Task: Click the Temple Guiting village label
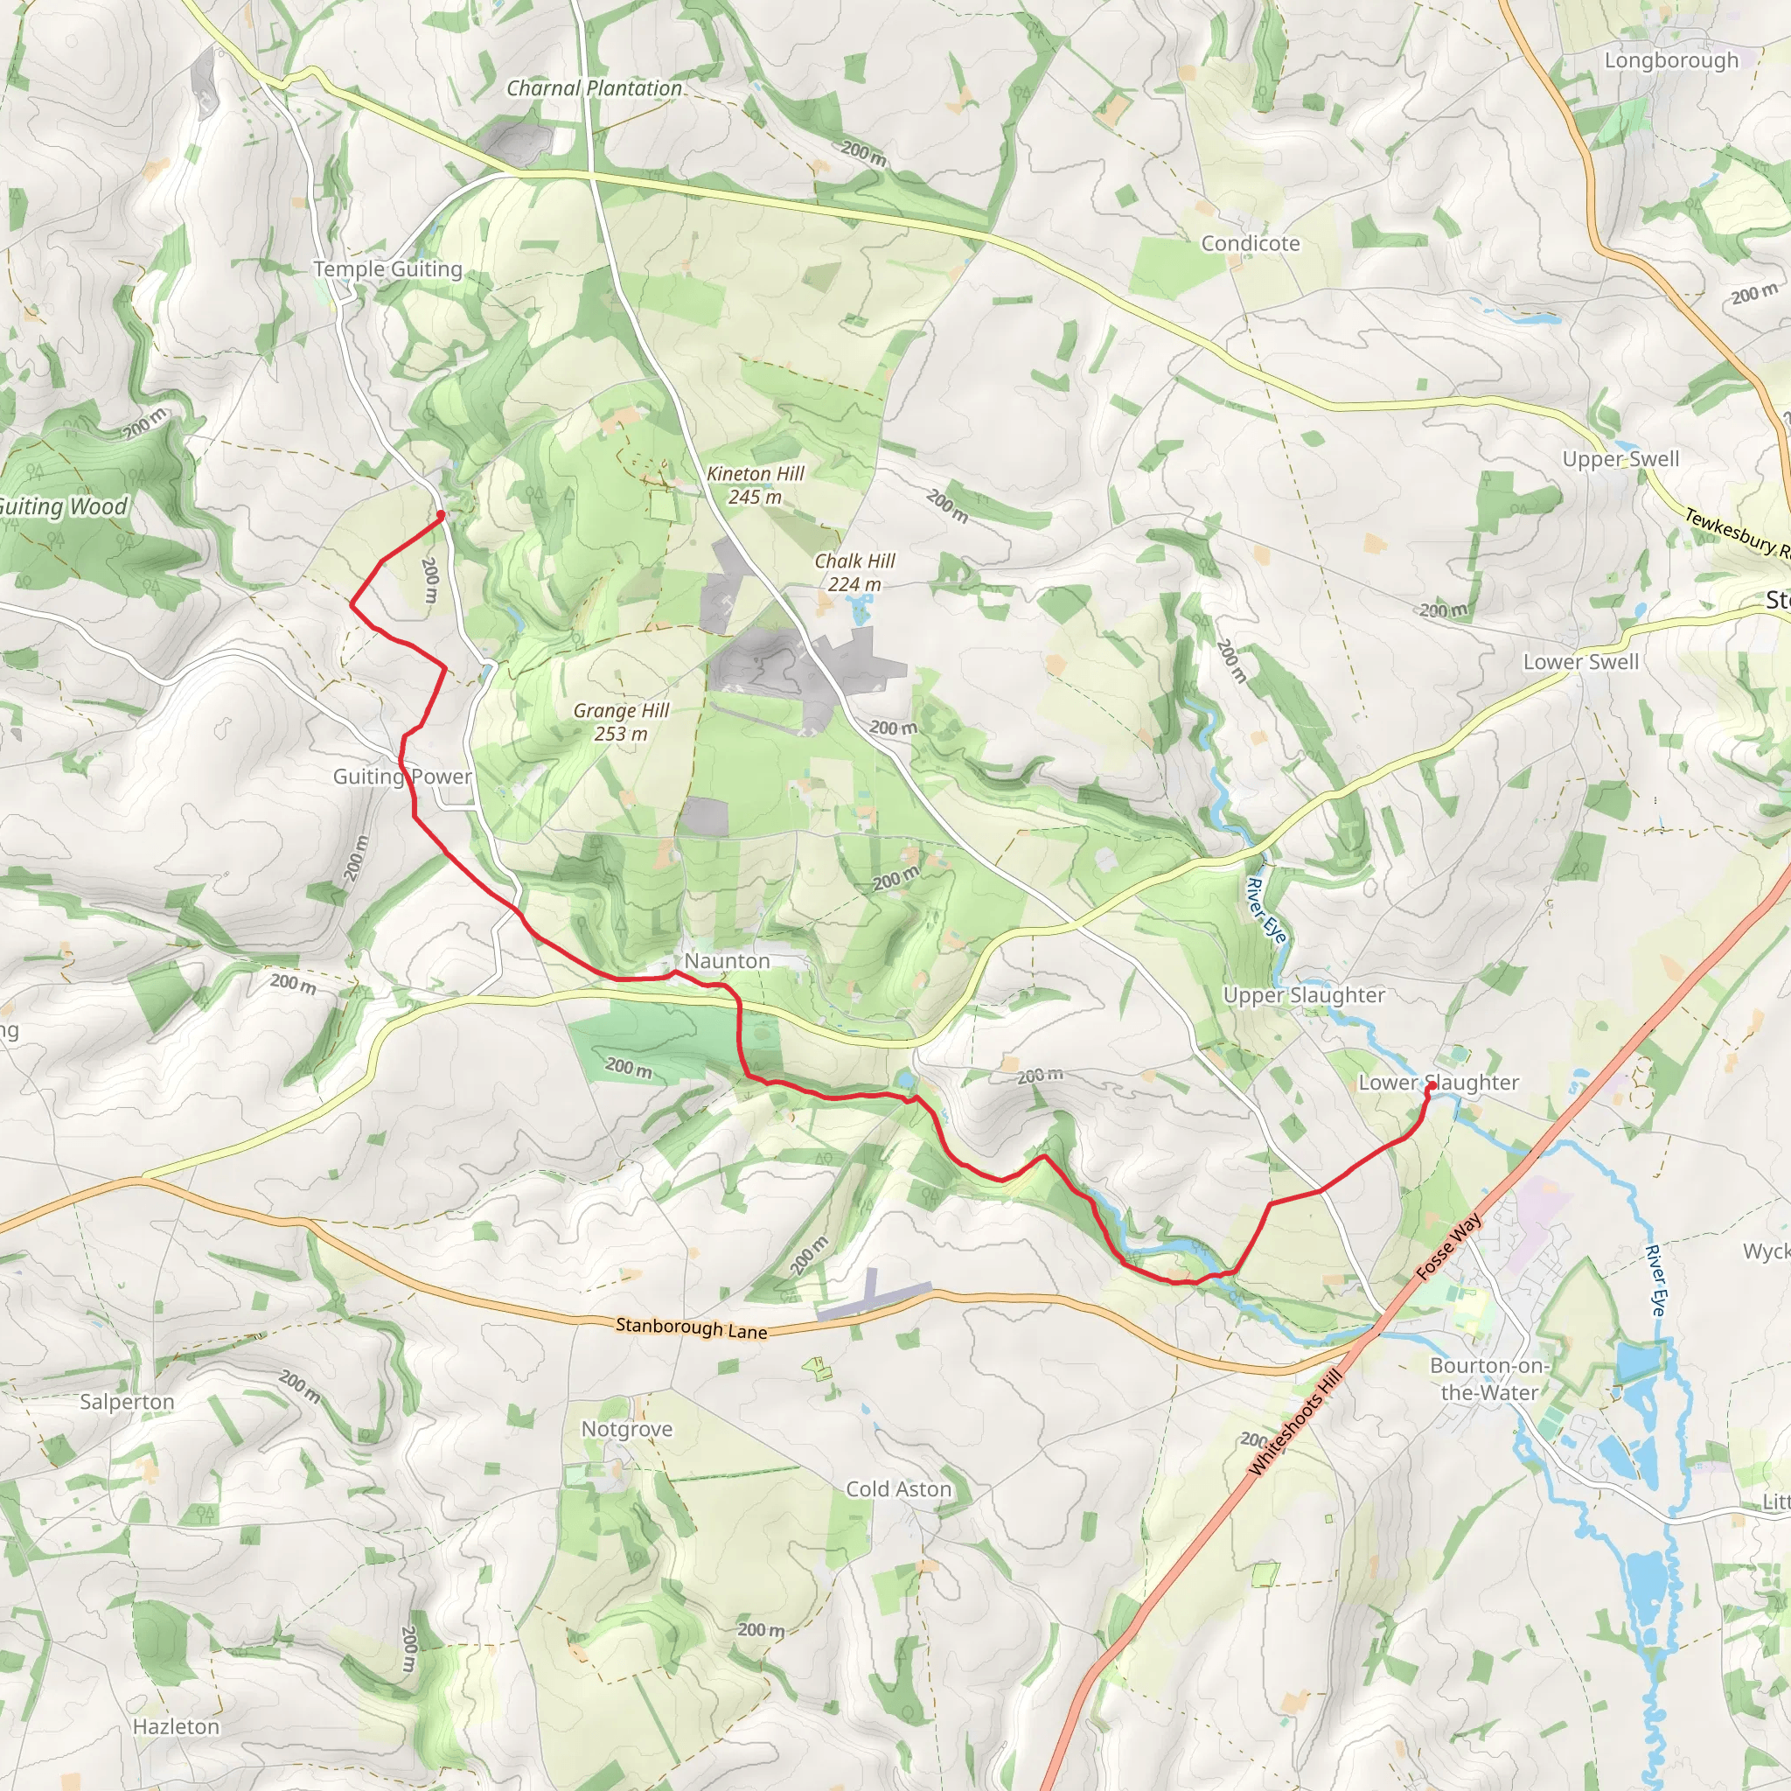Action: point(387,268)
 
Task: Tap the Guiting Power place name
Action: point(402,776)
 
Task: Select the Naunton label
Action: point(727,961)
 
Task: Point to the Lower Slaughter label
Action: point(1438,1083)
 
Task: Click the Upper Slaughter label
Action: point(1303,995)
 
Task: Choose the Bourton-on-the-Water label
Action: point(1488,1378)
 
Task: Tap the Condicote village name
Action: point(1250,244)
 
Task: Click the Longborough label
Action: point(1671,60)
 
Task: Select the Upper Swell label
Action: point(1620,459)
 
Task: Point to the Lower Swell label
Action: point(1580,662)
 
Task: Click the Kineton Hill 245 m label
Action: point(756,484)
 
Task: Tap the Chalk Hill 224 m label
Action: point(854,572)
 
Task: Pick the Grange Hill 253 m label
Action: point(621,721)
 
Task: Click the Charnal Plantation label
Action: point(594,89)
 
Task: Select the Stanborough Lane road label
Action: point(692,1328)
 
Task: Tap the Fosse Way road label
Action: point(1449,1247)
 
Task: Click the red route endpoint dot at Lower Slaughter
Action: point(1431,1087)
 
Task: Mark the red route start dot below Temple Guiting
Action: point(441,514)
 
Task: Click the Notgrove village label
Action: point(627,1429)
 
